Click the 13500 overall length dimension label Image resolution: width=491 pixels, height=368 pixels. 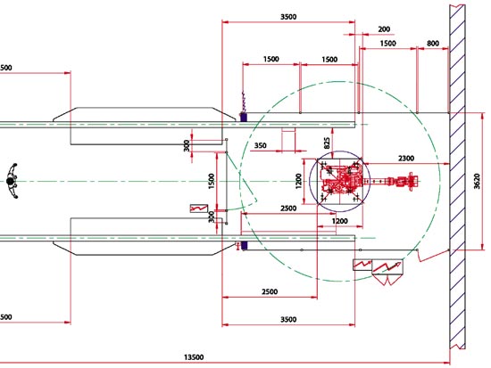[x=194, y=357]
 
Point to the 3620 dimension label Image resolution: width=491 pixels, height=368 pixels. [x=477, y=181]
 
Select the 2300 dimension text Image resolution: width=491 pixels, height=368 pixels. [x=406, y=159]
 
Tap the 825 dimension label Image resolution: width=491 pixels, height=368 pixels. [x=327, y=143]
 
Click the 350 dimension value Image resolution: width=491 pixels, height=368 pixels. [x=260, y=145]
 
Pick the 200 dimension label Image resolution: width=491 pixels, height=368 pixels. [x=384, y=29]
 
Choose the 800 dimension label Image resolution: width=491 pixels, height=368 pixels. [x=433, y=44]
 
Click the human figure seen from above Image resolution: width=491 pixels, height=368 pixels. [x=12, y=181]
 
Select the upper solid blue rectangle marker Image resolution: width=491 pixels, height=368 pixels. [x=244, y=118]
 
